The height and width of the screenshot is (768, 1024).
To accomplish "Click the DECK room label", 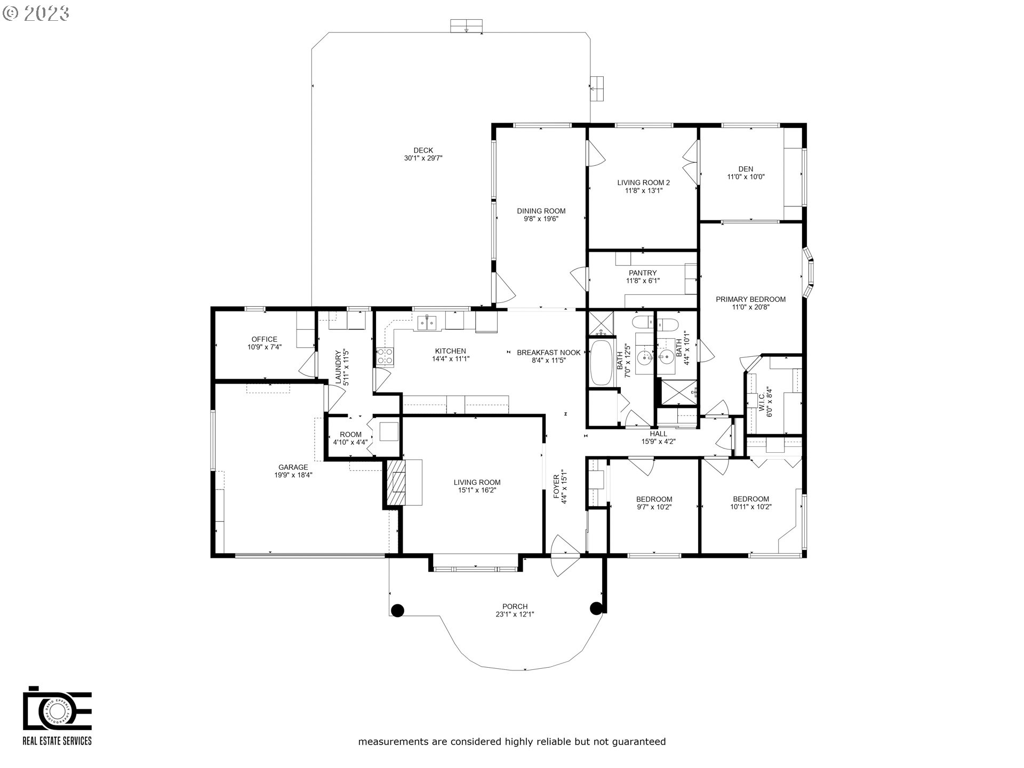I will click(x=423, y=150).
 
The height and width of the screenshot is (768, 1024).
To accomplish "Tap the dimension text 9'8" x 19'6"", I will click(x=541, y=219).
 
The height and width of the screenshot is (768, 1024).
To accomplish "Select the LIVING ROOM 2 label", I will click(x=643, y=182).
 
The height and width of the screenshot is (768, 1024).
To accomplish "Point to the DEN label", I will click(x=746, y=169).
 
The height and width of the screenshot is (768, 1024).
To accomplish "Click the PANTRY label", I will click(x=642, y=273).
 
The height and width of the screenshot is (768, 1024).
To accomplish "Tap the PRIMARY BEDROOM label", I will click(x=750, y=299).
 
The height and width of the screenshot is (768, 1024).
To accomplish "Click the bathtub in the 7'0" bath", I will click(x=602, y=363).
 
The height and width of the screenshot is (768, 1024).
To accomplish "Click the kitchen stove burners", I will click(x=385, y=356).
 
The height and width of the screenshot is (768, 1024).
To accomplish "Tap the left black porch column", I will click(x=397, y=610).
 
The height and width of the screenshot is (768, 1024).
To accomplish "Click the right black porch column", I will click(x=596, y=608).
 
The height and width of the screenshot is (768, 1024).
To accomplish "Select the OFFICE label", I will click(x=265, y=339).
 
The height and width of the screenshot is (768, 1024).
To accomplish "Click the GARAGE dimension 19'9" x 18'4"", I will click(x=293, y=475).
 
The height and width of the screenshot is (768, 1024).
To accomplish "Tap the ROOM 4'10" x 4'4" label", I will click(x=350, y=435).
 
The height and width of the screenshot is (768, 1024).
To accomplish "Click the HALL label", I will click(x=658, y=434).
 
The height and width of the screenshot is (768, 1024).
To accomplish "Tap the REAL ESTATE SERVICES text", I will click(x=57, y=741).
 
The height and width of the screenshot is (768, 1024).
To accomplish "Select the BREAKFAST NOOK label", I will click(x=548, y=352).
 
